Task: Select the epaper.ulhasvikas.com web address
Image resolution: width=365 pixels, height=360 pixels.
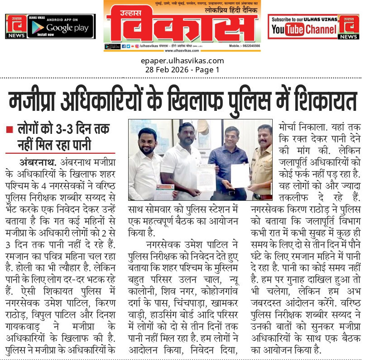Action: tap(182, 61)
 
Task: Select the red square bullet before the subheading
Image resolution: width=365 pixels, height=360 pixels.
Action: tap(9, 130)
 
